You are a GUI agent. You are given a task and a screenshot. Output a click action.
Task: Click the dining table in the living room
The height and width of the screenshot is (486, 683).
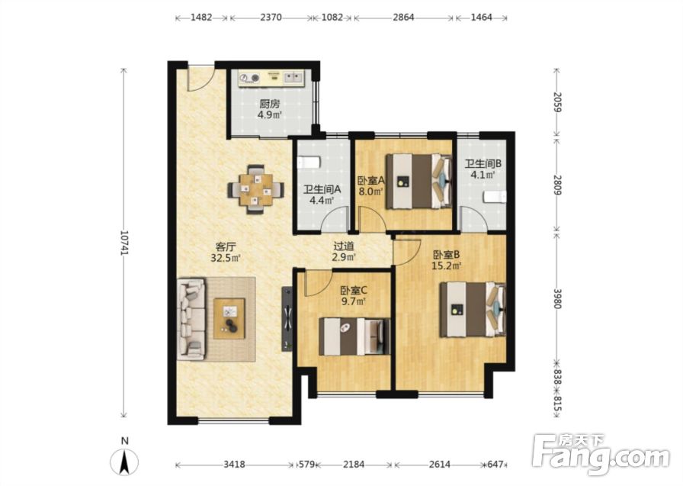pos(255,189)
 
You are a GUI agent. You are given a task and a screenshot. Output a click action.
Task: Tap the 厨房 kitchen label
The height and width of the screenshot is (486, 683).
pos(269,105)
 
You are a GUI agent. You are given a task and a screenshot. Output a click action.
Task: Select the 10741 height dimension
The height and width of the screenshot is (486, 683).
pos(124,243)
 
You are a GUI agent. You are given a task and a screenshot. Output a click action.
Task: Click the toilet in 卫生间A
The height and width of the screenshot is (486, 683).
pos(309,163)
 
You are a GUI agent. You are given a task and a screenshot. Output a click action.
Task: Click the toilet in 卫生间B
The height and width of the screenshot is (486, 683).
pos(495,198)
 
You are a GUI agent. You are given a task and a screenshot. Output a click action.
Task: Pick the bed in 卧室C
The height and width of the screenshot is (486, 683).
pos(354,336)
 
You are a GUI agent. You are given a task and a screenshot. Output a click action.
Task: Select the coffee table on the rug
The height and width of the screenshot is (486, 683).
pos(229,319)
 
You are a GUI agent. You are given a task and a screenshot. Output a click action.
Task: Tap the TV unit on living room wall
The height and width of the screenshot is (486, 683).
pos(288,319)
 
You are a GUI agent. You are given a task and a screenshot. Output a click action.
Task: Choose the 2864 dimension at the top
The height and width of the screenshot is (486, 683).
pos(403,18)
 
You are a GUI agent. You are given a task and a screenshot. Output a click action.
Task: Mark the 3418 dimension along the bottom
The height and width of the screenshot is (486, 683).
pos(234,465)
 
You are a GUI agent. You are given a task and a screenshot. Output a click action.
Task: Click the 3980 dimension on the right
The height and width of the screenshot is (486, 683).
pos(556,298)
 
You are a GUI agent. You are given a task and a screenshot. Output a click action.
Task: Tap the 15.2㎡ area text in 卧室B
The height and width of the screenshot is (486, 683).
pos(446,265)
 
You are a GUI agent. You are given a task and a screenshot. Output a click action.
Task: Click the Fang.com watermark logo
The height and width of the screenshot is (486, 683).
pos(601,455)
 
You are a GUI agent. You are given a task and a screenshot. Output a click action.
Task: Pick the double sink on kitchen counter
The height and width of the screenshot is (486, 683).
pos(293,78)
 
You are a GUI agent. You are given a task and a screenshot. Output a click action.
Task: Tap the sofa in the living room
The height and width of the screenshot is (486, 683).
pos(191,320)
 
